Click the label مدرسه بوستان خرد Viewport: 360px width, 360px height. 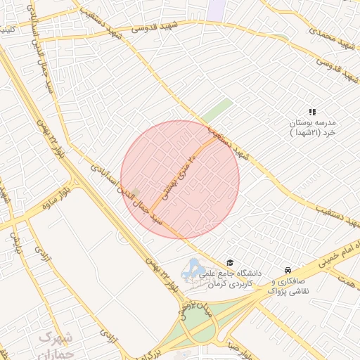(x=314, y=127)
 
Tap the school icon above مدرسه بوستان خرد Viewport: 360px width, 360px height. (x=312, y=112)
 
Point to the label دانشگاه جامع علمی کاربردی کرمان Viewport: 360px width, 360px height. (x=230, y=277)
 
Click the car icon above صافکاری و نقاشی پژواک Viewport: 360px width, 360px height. (x=287, y=271)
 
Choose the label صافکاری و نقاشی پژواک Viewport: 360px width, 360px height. (x=289, y=285)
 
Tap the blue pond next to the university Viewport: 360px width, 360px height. (x=193, y=267)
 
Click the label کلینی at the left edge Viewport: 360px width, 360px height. (x=6, y=31)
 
